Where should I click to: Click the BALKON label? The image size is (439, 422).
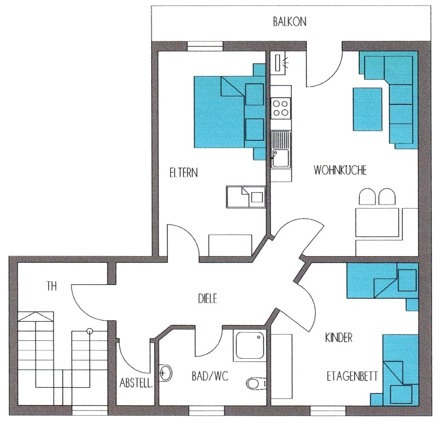tap(290, 22)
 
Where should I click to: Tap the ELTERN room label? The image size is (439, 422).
tap(184, 172)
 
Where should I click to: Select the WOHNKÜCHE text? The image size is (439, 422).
tap(340, 170)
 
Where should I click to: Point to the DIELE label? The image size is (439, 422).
tap(208, 299)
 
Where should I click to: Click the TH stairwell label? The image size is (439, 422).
tap(52, 286)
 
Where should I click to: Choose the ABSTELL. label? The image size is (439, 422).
tap(136, 383)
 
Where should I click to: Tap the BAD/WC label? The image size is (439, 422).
tap(210, 376)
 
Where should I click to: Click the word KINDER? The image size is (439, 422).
tap(339, 338)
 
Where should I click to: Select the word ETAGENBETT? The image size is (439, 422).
tap(352, 376)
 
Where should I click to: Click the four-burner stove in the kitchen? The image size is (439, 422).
tap(281, 108)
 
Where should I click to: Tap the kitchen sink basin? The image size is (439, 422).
tap(281, 158)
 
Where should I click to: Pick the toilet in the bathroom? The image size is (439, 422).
tap(257, 383)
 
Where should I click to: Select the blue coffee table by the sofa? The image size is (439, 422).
tap(367, 109)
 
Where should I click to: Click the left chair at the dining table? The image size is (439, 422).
tap(367, 197)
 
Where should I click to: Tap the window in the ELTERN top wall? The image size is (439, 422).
tap(205, 46)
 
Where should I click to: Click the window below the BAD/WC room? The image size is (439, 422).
tap(207, 411)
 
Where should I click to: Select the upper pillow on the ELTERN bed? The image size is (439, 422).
tap(254, 94)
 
